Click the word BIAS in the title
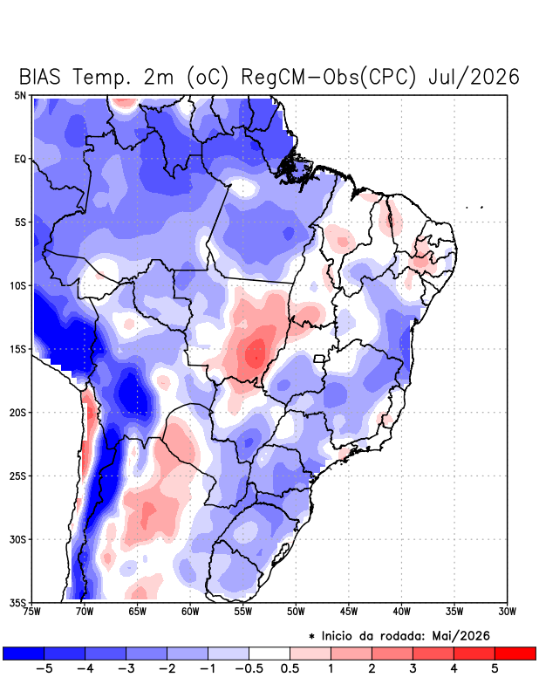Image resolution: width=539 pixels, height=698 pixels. tap(39, 77)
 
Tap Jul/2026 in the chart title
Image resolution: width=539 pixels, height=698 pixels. tap(474, 77)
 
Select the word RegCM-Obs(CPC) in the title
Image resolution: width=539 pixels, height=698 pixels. tap(328, 77)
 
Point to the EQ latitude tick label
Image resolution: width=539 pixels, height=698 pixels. tap(20, 159)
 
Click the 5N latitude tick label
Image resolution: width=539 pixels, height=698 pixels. tap(20, 95)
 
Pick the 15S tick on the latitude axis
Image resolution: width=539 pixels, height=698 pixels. tap(18, 350)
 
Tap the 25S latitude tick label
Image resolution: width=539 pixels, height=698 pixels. tap(18, 476)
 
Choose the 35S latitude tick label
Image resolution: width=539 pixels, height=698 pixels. tap(18, 603)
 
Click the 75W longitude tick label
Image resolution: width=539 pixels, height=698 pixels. tap(32, 612)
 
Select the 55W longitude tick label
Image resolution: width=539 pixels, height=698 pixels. tap(243, 612)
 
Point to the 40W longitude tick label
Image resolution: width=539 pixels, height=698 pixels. tap(401, 612)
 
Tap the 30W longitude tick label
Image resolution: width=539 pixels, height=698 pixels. tap(508, 612)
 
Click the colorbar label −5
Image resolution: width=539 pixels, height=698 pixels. tap(44, 668)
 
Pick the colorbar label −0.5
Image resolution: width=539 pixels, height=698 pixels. tap(249, 668)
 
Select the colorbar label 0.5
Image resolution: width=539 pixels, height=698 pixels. tap(290, 668)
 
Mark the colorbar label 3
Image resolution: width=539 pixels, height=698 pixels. tap(413, 668)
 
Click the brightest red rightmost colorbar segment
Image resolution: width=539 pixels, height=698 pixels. tap(515, 653)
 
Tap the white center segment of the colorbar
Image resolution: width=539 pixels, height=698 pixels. tap(269, 653)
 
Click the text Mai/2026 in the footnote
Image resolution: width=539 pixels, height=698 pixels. tap(461, 636)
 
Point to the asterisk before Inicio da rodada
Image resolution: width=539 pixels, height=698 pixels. tap(311, 636)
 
